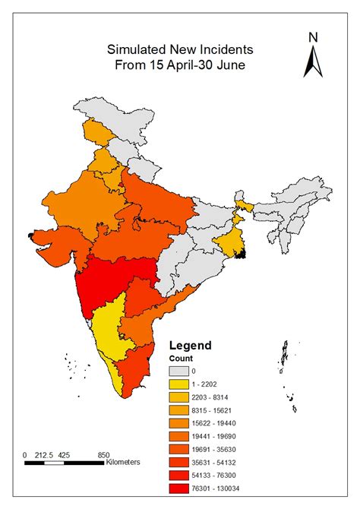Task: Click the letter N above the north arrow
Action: [x=312, y=36]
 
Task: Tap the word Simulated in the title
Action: [x=140, y=49]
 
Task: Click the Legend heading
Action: [x=190, y=345]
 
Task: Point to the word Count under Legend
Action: [x=181, y=358]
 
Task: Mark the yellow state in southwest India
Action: [x=110, y=334]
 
